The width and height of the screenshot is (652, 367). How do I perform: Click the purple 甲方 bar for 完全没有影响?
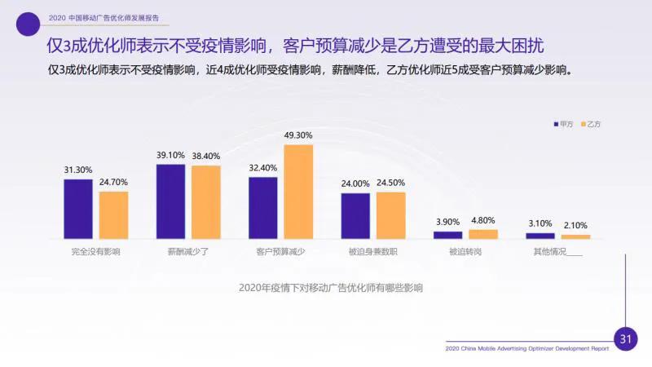click(78, 209)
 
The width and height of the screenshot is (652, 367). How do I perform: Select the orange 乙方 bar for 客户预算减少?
click(298, 192)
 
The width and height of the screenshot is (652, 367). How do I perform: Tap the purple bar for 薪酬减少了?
click(170, 201)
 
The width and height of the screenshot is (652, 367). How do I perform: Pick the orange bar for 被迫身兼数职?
click(390, 215)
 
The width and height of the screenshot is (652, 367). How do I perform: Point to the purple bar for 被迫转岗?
click(447, 235)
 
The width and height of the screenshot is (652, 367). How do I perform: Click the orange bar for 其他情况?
click(575, 237)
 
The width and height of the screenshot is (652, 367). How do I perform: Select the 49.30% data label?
click(298, 135)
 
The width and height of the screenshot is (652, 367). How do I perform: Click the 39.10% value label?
click(170, 155)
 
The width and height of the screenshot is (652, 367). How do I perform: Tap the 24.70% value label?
click(114, 182)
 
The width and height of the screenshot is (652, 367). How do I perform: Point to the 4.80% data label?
click(483, 220)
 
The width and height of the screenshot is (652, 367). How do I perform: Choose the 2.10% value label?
click(575, 225)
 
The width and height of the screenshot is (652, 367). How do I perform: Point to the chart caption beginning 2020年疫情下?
click(331, 288)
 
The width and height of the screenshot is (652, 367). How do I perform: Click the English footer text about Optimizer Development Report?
click(527, 348)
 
